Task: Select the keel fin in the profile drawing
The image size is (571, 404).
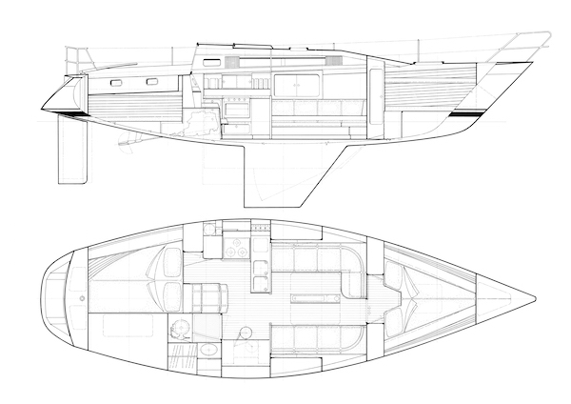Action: point(281,176)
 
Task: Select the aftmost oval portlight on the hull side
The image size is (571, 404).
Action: point(116,84)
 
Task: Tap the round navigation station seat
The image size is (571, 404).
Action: point(246,333)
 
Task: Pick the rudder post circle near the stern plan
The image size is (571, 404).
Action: point(83,296)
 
